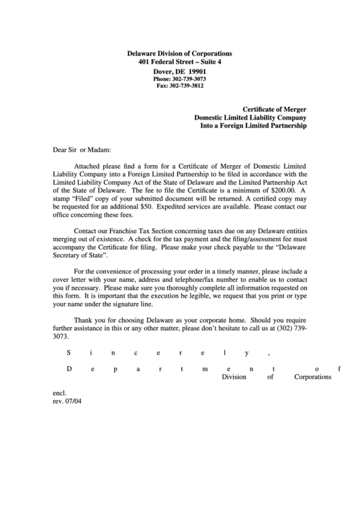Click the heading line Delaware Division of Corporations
179,53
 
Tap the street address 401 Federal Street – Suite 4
179,62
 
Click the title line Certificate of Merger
275,109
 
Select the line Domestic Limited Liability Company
251,118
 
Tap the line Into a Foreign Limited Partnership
253,126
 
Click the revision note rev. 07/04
67,401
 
